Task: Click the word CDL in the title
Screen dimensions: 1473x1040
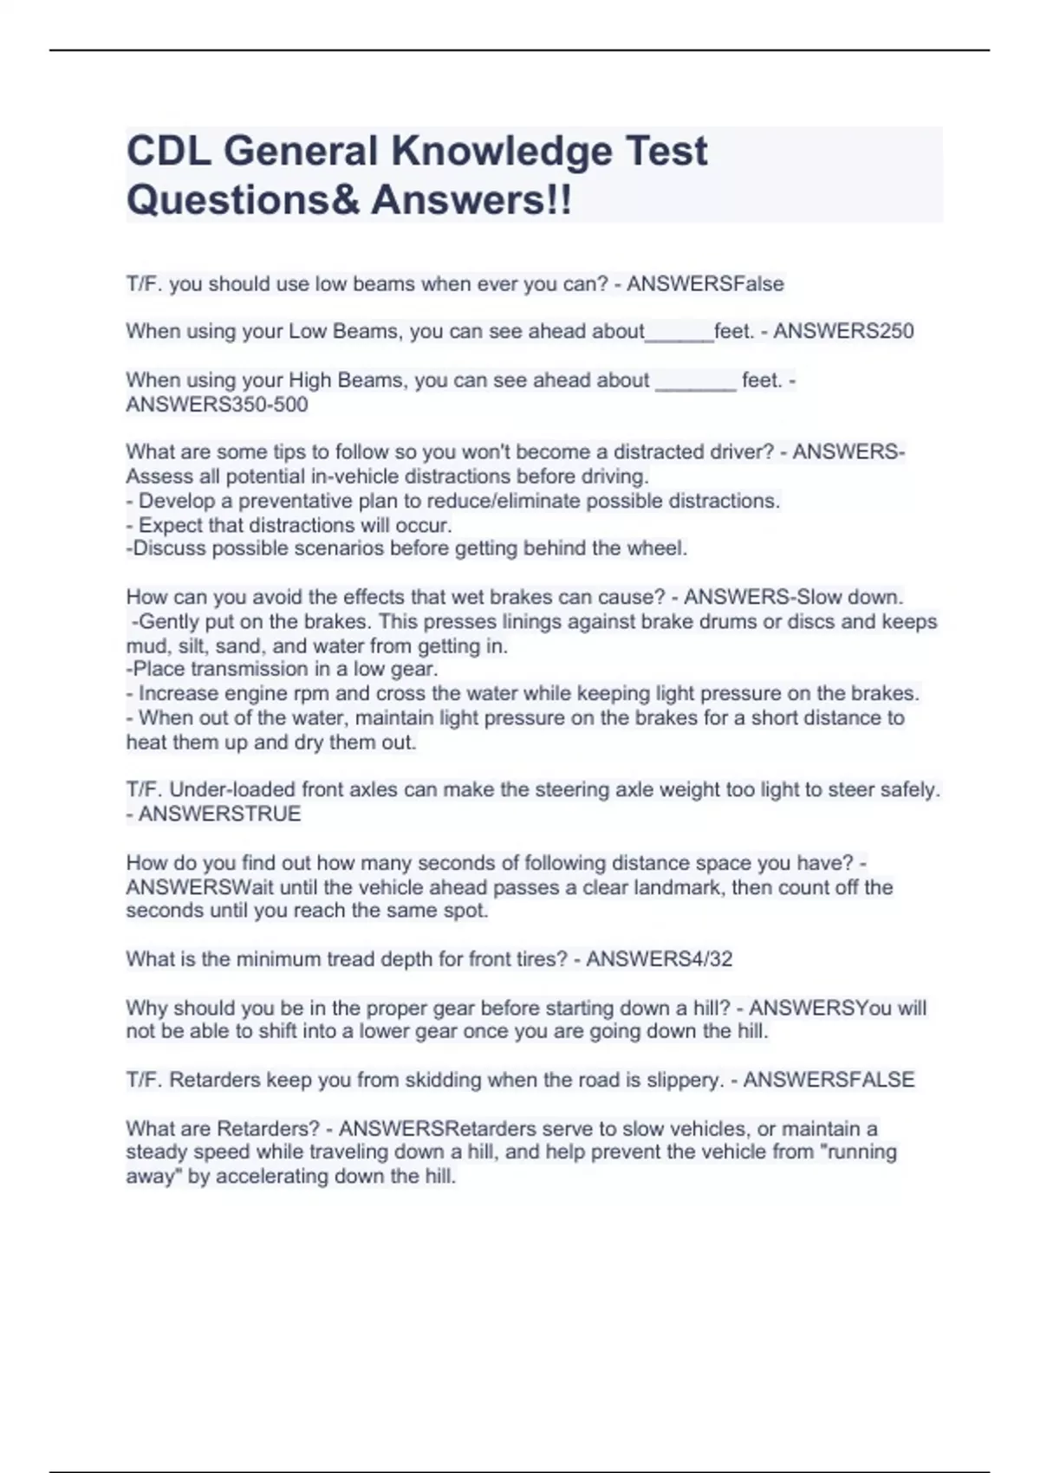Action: (x=168, y=152)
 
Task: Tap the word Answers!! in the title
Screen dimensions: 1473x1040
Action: (x=471, y=201)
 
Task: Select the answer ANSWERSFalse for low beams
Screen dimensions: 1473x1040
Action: (x=705, y=284)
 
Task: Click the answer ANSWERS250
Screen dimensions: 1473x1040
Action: (x=843, y=332)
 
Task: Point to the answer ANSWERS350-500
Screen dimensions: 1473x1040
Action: (x=217, y=405)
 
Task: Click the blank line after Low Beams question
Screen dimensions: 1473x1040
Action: (x=679, y=337)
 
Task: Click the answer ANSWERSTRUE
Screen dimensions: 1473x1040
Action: (x=220, y=814)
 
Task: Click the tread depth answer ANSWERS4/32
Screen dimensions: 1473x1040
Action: (x=660, y=959)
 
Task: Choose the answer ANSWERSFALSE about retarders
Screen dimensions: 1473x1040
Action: (x=829, y=1080)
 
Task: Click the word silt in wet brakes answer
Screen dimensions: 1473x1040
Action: (x=192, y=646)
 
